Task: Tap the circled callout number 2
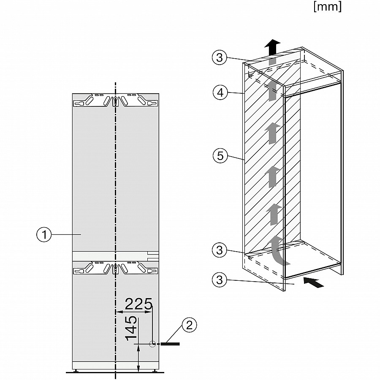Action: [x=189, y=325]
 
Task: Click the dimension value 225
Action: [x=138, y=304]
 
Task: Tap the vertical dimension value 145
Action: [x=132, y=328]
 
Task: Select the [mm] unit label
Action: [x=328, y=7]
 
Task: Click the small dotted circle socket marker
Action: [x=152, y=345]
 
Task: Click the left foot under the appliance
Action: [x=76, y=371]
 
